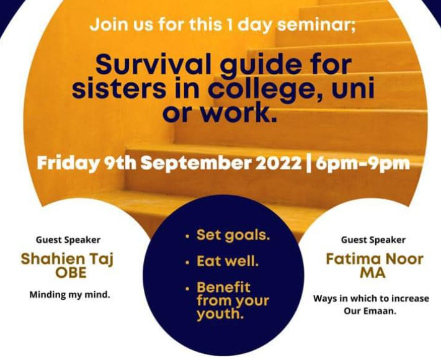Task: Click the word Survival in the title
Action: pyautogui.click(x=154, y=65)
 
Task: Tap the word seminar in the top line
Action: pyautogui.click(x=316, y=24)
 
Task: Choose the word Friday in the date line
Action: pyautogui.click(x=68, y=164)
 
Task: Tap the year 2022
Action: pyautogui.click(x=278, y=163)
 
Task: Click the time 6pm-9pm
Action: pyautogui.click(x=362, y=164)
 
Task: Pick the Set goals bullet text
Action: pyautogui.click(x=233, y=235)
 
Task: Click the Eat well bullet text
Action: pyautogui.click(x=228, y=261)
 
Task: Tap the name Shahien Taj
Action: pyautogui.click(x=67, y=259)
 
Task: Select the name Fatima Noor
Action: pyautogui.click(x=375, y=259)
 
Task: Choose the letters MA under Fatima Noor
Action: pyautogui.click(x=373, y=272)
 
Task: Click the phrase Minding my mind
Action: pyautogui.click(x=69, y=295)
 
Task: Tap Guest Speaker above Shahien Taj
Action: pyautogui.click(x=68, y=240)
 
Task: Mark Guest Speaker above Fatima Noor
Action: pyautogui.click(x=373, y=240)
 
